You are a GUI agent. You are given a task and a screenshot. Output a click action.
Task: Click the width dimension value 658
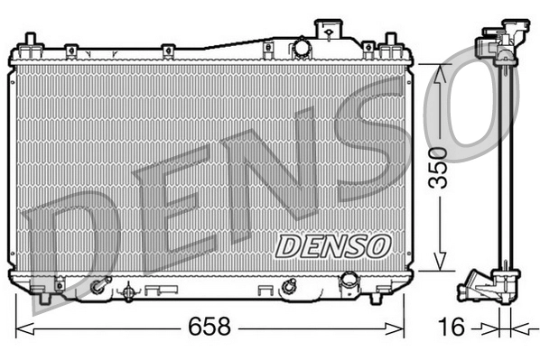(209, 327)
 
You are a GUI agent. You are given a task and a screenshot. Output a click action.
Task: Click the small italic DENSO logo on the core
(331, 244)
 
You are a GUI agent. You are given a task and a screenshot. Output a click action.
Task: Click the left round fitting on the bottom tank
(98, 288)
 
